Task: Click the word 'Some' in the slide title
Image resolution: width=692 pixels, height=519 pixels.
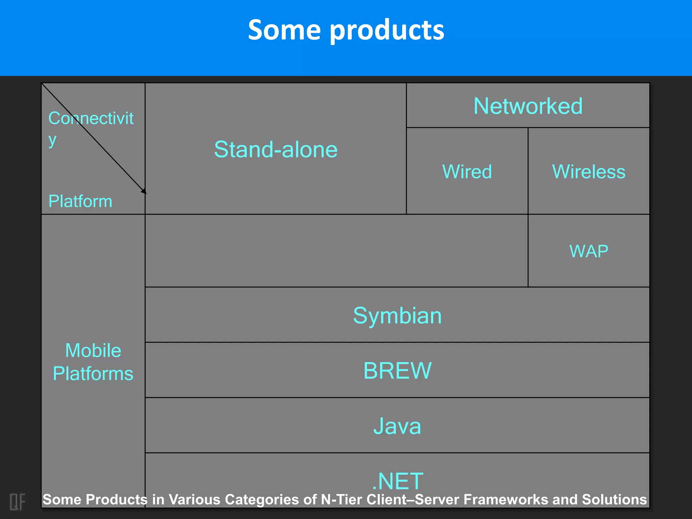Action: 284,30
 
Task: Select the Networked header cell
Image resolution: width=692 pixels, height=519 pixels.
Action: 528,106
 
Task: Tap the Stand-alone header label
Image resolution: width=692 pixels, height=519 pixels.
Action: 276,149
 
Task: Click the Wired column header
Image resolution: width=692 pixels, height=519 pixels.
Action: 467,172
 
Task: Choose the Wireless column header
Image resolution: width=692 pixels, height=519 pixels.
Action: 589,172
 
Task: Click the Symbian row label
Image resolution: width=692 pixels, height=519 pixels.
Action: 397,316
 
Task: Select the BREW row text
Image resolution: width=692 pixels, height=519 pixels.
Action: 397,371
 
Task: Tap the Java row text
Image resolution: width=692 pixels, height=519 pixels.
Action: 397,426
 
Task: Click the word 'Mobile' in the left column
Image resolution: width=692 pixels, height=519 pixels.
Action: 93,350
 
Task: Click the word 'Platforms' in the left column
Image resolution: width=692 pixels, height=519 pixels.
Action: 93,374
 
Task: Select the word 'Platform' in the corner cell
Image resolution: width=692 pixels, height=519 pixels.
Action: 80,201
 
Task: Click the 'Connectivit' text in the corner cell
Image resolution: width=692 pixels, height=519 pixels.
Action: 91,118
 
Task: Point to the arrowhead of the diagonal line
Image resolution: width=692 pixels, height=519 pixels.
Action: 144,192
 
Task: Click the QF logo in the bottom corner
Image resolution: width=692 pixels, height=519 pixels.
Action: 17,501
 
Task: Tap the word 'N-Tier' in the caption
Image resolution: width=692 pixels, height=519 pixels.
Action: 342,500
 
